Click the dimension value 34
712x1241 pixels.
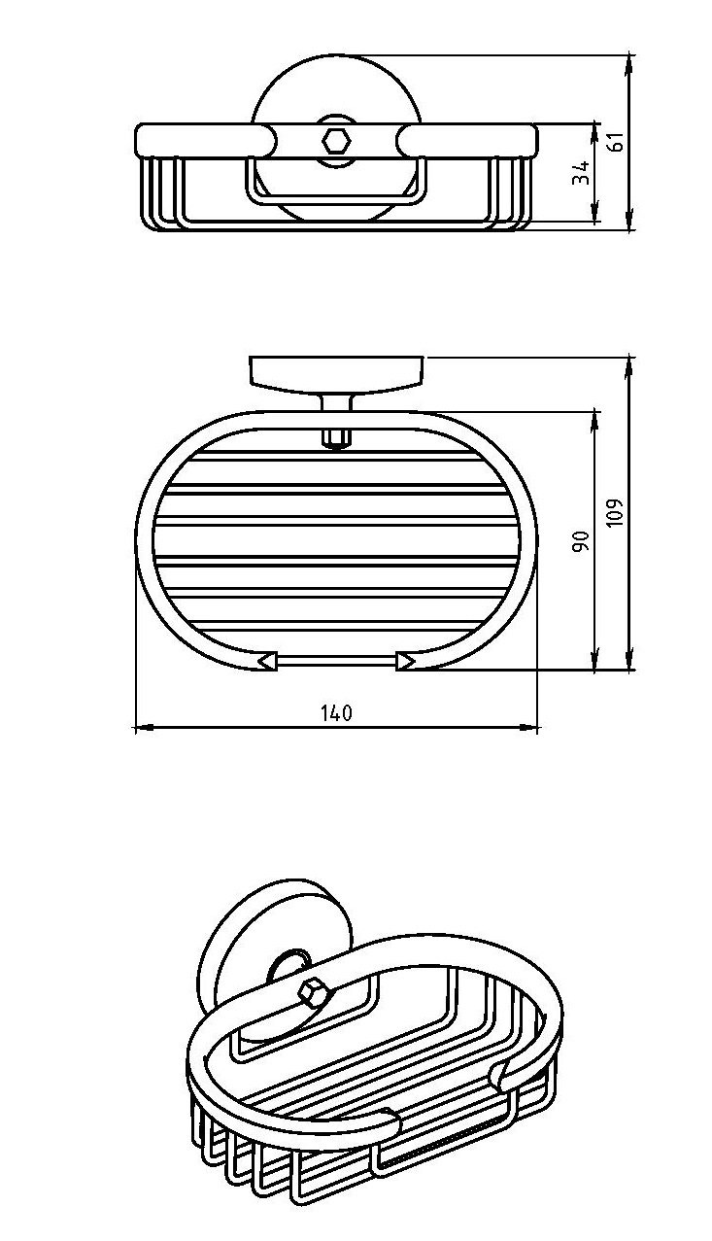tap(581, 173)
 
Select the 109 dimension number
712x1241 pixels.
tap(615, 512)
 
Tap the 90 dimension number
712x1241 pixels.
tap(581, 540)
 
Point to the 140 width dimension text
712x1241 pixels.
tap(337, 713)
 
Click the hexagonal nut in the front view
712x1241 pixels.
tap(335, 140)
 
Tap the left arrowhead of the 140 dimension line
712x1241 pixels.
tap(144, 728)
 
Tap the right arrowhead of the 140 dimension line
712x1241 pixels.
tap(528, 728)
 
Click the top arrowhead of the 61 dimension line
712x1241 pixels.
tap(629, 64)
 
